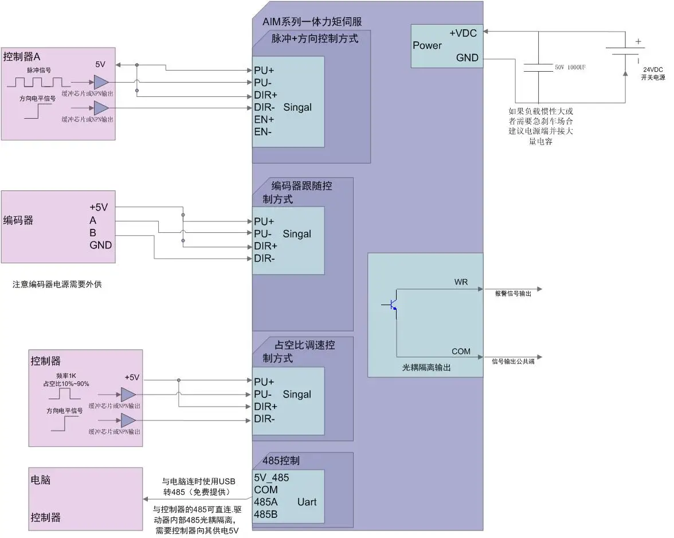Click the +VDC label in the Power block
[463, 33]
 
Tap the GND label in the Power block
[467, 58]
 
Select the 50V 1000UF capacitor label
[569, 68]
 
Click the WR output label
[461, 282]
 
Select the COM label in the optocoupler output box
[461, 352]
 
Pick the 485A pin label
[266, 502]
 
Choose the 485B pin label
[266, 514]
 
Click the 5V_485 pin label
[272, 477]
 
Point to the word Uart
[307, 502]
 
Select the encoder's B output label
[93, 232]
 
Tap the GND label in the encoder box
[100, 245]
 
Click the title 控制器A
[22, 57]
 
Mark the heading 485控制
[280, 461]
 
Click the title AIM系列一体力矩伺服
[312, 22]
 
